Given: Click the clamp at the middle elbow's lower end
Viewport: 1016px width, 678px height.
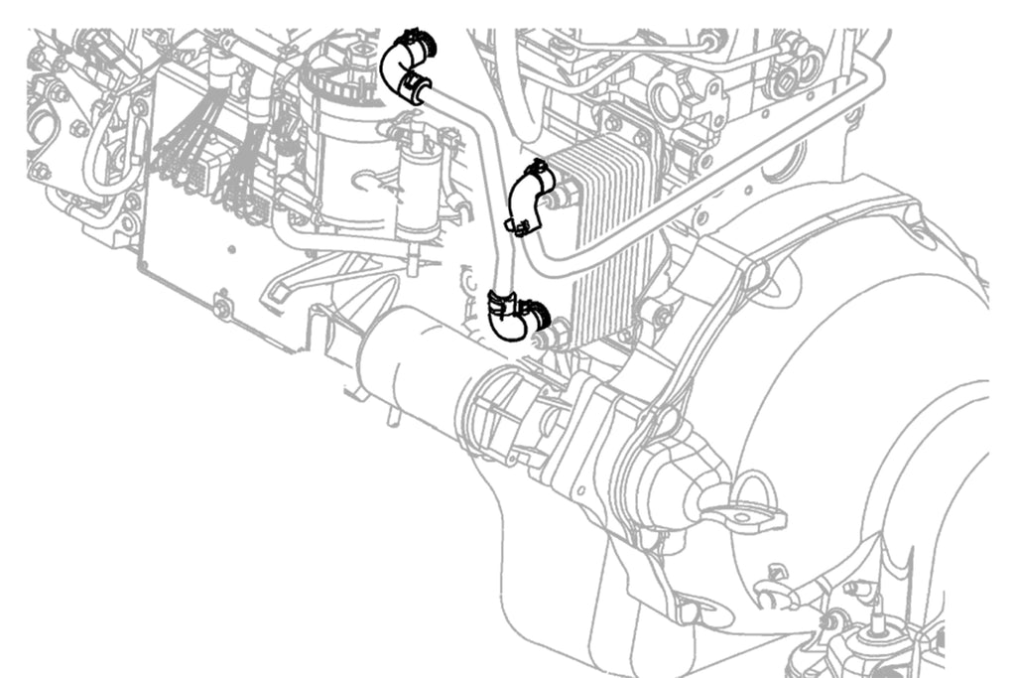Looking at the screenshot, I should [519, 226].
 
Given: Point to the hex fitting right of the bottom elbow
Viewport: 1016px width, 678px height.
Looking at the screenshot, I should [558, 333].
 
